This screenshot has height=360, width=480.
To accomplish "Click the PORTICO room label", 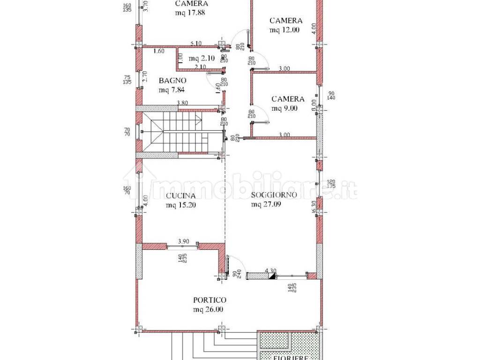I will pos(210,300).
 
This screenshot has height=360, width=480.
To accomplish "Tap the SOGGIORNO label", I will pos(273,195).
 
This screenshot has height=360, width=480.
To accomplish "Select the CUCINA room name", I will pos(180,196).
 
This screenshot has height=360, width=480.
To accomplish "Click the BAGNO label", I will pos(172,80).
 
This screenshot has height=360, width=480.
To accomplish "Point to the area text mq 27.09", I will pos(267,204).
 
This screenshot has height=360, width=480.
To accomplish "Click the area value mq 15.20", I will pos(181,205).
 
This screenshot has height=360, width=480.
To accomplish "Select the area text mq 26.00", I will pos(208,309).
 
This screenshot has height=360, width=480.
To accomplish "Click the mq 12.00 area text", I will pos(285,30).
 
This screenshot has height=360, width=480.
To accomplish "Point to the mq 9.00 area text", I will pos(285,109).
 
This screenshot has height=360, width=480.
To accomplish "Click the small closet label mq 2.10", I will pos(202,59).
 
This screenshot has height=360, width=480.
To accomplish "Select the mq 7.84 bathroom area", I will pos(172,90).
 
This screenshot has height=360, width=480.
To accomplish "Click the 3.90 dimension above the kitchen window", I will pos(183,241).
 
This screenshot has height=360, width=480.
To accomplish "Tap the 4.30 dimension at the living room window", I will pos(270,270).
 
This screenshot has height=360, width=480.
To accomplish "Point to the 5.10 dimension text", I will pos(196,44).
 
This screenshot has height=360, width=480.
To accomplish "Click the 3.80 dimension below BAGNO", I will pos(183,103).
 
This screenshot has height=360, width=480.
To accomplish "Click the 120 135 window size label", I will pos(330,183).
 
